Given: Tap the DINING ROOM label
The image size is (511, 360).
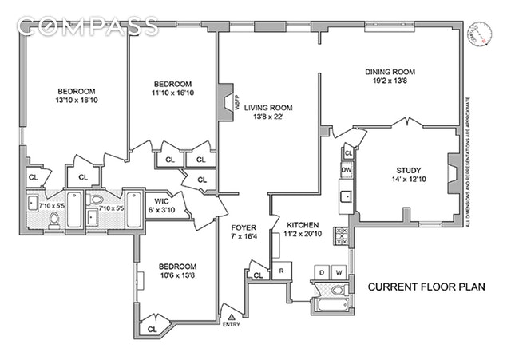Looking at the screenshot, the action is [390, 72].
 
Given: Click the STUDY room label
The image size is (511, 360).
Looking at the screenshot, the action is [408, 168].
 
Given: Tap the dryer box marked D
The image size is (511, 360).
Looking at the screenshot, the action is [322, 272].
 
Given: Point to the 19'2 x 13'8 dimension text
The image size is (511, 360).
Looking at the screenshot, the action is [390, 81].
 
